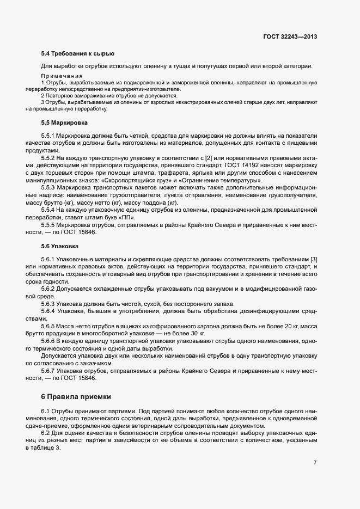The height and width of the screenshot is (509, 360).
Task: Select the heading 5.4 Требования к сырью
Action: tap(77, 53)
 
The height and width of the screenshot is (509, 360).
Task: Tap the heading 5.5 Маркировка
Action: tap(64, 123)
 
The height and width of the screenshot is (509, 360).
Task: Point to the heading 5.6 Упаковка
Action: tap(61, 246)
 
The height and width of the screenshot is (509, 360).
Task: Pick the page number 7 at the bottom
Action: tap(315, 462)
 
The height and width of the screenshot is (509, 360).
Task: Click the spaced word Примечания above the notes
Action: tap(62, 75)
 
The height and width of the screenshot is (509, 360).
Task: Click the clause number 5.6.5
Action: tap(48, 326)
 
